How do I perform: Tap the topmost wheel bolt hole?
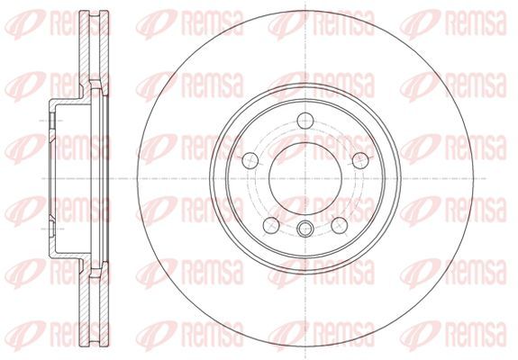(304, 121)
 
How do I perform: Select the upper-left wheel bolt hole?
(250, 161)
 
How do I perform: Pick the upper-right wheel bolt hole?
(360, 161)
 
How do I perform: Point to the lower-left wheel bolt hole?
(271, 225)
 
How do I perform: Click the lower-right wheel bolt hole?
(340, 225)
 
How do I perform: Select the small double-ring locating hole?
(304, 229)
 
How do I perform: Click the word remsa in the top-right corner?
(476, 22)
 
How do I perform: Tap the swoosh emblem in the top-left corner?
(25, 23)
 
